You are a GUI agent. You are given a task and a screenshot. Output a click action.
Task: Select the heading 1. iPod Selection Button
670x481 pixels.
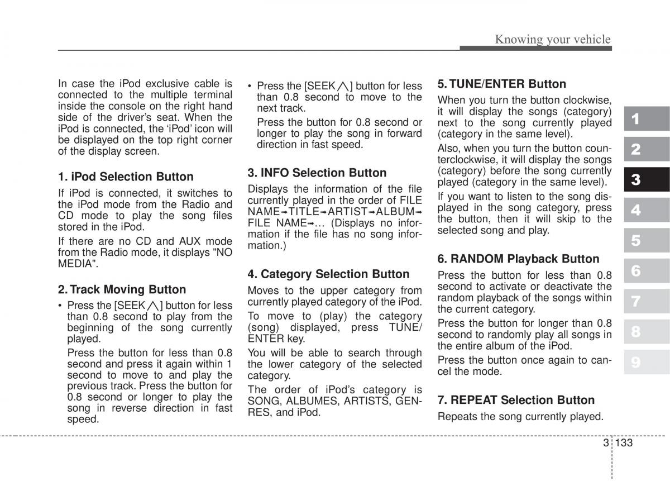click(126, 177)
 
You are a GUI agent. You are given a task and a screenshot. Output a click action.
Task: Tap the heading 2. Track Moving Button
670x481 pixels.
click(122, 290)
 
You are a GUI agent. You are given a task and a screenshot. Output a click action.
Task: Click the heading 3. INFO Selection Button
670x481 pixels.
click(317, 173)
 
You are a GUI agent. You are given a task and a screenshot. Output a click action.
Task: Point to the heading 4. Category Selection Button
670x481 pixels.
click(328, 274)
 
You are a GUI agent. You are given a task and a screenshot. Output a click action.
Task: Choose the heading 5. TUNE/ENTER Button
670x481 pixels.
click(501, 84)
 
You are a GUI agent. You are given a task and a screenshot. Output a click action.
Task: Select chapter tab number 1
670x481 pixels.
click(636, 119)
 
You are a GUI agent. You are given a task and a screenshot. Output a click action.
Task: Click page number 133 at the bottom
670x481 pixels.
click(625, 442)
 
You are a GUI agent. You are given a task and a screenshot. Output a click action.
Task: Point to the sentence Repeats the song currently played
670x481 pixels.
click(520, 417)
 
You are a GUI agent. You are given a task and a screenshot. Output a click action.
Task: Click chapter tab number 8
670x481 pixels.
click(636, 332)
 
